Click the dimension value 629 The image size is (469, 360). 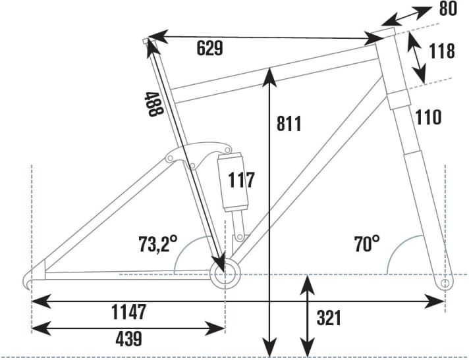click(x=210, y=48)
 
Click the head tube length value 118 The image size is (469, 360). click(x=441, y=51)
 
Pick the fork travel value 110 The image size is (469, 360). click(x=428, y=117)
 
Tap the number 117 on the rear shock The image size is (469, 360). click(x=240, y=179)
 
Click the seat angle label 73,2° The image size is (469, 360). click(x=158, y=244)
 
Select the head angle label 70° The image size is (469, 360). click(x=367, y=245)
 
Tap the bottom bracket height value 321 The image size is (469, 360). click(x=329, y=318)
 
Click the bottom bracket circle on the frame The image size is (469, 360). click(x=223, y=271)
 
